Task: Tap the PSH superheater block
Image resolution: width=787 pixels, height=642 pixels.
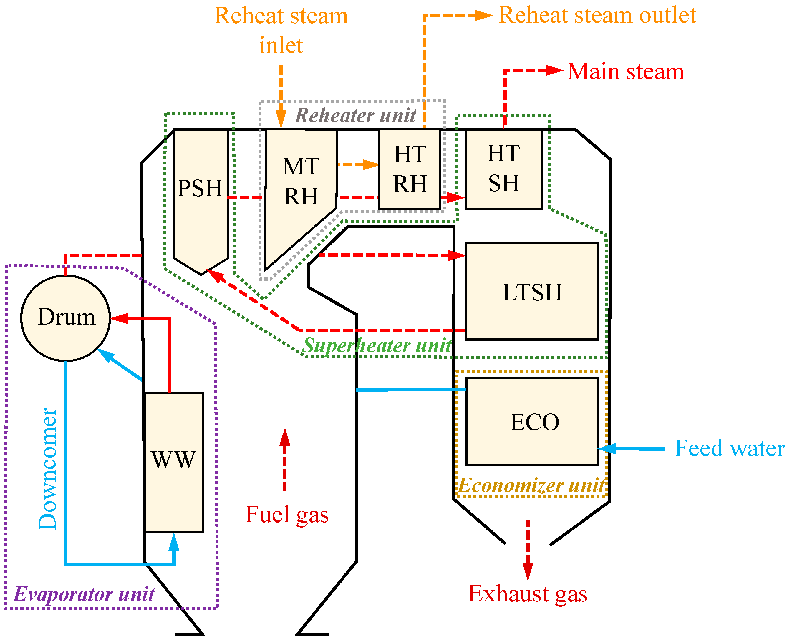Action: [201, 189]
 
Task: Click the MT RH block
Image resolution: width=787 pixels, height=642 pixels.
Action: [300, 181]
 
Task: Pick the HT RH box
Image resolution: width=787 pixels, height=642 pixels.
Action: [410, 169]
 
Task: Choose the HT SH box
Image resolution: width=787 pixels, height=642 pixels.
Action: [503, 169]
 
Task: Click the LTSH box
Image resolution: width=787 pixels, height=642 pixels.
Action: [532, 292]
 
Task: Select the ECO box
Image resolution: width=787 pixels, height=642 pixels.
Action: [532, 422]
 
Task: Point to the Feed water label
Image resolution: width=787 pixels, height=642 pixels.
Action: [729, 449]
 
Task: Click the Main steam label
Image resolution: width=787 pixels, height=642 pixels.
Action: [625, 71]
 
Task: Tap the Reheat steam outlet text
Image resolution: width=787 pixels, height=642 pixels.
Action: [597, 16]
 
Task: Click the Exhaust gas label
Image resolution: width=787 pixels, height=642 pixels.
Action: [528, 594]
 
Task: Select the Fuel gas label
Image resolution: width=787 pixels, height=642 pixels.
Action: [287, 515]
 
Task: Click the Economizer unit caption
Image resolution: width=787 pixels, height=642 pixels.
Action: [531, 485]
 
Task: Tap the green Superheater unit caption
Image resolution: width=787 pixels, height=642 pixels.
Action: [377, 346]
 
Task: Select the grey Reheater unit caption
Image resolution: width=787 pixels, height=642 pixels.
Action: [355, 115]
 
